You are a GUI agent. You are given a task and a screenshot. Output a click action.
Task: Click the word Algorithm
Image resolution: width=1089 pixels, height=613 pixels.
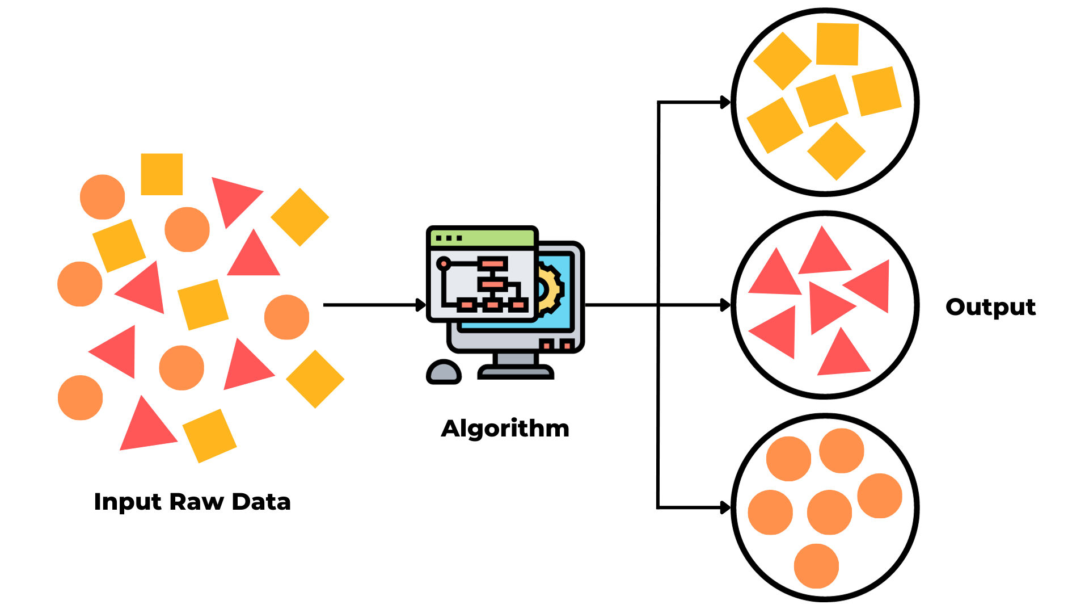(505, 429)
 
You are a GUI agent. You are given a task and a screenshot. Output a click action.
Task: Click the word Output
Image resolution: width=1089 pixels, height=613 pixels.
(990, 307)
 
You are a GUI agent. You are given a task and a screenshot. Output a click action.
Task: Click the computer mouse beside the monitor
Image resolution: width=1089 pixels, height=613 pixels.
(444, 372)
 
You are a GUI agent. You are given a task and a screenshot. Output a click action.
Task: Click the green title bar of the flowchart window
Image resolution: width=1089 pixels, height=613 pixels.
(482, 238)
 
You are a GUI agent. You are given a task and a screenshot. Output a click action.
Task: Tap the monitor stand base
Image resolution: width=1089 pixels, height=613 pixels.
(515, 372)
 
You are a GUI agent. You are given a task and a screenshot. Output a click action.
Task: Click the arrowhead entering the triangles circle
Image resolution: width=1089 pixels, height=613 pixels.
(725, 305)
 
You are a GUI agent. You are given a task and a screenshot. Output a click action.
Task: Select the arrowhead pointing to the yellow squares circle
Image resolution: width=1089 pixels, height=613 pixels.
(725, 103)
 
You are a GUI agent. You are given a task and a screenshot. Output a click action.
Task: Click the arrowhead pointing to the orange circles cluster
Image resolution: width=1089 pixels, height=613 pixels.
(725, 507)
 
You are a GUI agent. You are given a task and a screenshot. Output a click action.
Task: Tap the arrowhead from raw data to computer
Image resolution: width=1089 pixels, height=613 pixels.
(421, 305)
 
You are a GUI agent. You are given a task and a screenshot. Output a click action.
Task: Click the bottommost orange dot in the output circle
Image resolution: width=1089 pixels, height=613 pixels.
(816, 566)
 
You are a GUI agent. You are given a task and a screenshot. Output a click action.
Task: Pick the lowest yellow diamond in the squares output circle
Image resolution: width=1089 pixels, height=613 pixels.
(836, 151)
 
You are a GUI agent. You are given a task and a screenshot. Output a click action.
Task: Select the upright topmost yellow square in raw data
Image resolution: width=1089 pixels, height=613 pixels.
(162, 174)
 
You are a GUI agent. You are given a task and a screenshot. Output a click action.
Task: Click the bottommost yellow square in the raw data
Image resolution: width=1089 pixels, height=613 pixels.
(209, 436)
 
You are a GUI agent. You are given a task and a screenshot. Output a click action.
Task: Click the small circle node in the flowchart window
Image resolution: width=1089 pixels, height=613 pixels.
(444, 264)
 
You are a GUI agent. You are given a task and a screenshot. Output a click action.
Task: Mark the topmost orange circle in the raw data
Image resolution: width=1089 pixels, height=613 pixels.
(102, 197)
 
